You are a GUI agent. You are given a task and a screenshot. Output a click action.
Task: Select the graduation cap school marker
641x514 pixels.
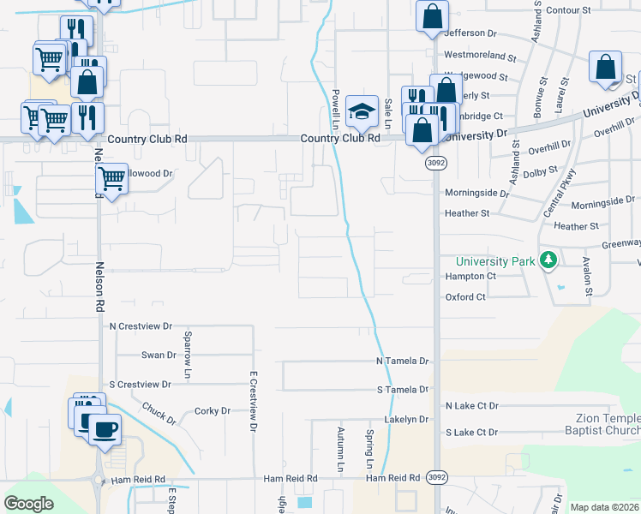(362, 111)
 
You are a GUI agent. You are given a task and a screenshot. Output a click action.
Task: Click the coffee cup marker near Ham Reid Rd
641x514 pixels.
(105, 428)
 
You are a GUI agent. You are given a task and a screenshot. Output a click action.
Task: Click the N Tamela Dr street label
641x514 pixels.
(402, 362)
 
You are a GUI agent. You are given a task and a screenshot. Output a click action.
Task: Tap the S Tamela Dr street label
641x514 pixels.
(402, 390)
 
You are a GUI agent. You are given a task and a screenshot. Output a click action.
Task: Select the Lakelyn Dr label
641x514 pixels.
(406, 419)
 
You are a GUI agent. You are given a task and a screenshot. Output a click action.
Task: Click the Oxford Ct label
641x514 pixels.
(465, 297)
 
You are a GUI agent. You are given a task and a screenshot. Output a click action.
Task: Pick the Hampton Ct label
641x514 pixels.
(470, 277)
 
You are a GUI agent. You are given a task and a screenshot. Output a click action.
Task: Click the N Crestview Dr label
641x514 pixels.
(141, 326)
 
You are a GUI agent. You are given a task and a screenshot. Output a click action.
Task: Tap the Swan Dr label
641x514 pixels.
(159, 355)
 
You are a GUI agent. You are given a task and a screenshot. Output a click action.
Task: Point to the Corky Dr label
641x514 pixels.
(213, 411)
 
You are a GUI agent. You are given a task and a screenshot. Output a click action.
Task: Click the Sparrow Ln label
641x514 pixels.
(188, 346)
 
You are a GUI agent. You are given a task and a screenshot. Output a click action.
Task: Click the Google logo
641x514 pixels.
(29, 504)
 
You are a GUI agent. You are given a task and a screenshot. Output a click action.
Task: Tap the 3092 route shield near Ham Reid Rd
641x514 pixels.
(435, 478)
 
